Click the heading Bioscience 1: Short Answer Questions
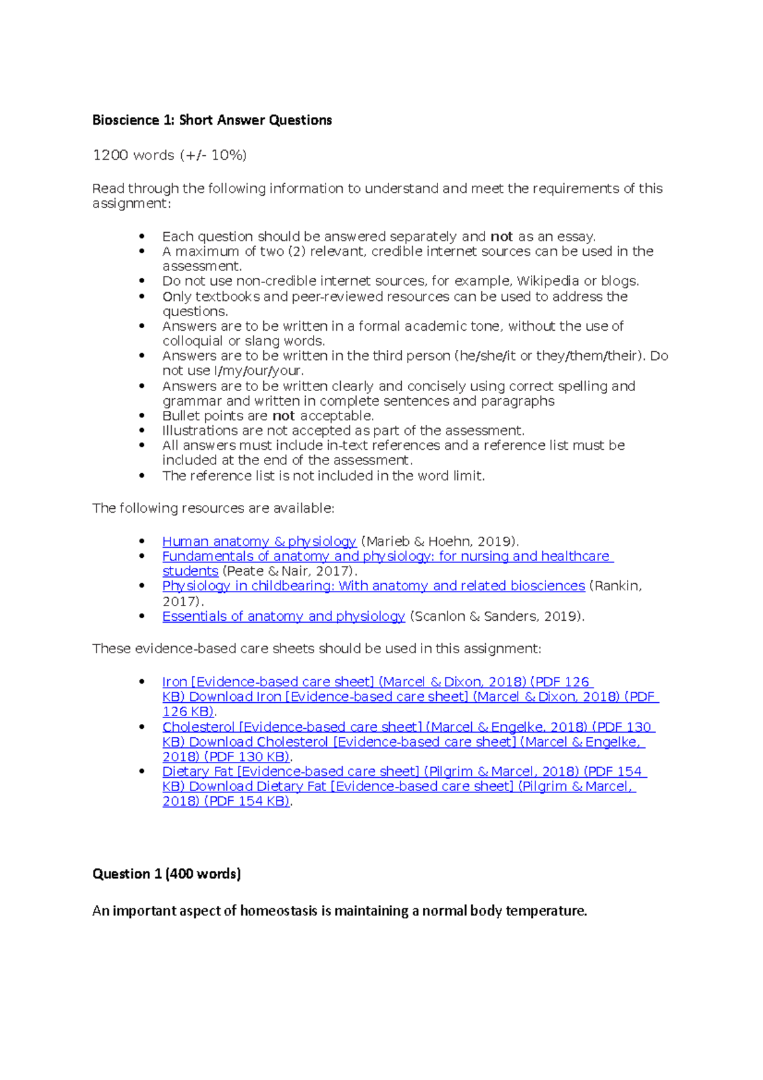click(x=212, y=120)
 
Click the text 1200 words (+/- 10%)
click(x=169, y=155)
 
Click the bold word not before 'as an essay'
click(x=501, y=237)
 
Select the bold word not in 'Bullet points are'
click(x=284, y=416)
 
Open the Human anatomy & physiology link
click(x=259, y=541)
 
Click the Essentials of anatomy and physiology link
click(x=284, y=616)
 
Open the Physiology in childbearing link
click(x=373, y=586)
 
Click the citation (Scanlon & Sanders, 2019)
click(x=497, y=616)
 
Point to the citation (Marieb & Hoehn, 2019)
click(x=440, y=541)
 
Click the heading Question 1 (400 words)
click(x=167, y=874)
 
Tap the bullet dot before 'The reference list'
click(x=142, y=476)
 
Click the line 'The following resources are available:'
click(x=213, y=508)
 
